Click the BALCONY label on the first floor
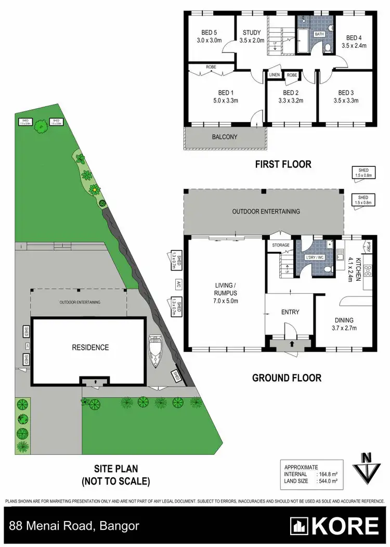pos(224,137)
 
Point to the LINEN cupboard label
pos(275,75)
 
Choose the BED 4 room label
pos(354,37)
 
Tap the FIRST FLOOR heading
pos(283,164)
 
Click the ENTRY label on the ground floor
pos(290,312)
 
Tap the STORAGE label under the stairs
pos(280,245)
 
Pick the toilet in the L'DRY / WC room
pos(328,268)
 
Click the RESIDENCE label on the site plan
pos(90,347)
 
